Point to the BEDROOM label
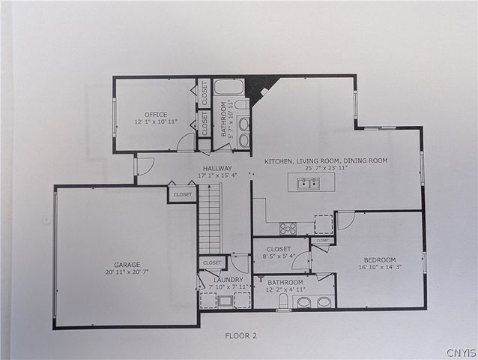coord(380,259)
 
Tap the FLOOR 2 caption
coord(240,335)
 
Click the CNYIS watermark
coord(460,352)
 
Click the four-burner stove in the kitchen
coord(288,228)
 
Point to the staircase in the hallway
coord(210,219)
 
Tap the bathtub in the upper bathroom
coord(229,87)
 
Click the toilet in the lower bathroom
coord(283,301)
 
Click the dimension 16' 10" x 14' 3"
coord(381,267)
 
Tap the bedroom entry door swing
coord(345,220)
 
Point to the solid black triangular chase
coord(261,83)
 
